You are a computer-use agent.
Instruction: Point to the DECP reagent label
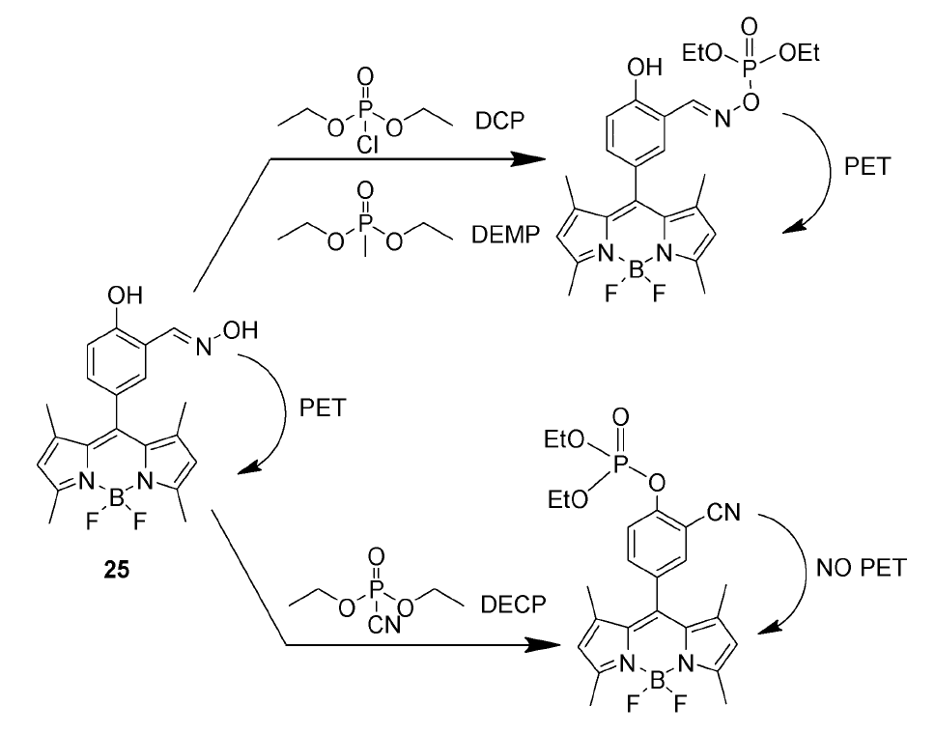[x=513, y=606]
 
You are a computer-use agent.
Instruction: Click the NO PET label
[x=862, y=567]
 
